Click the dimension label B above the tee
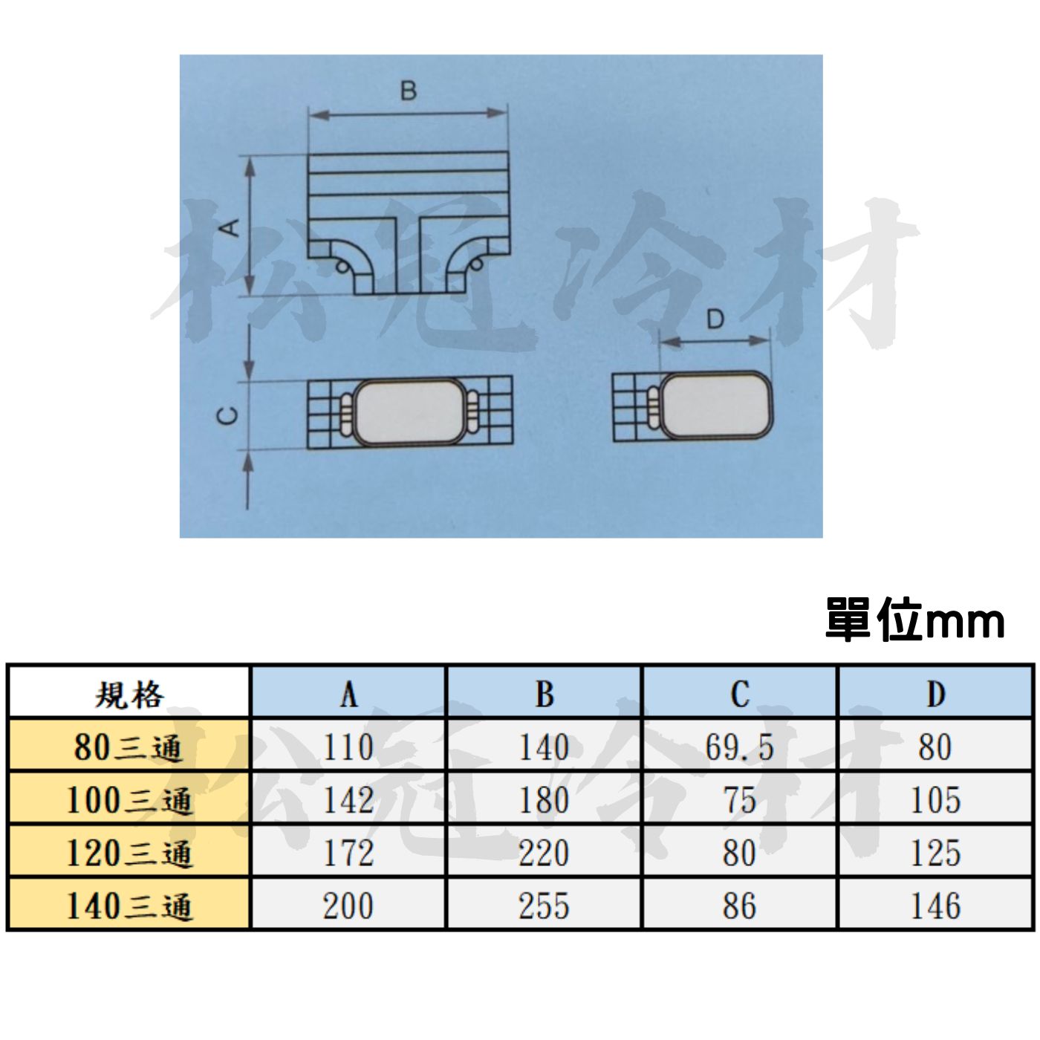pyautogui.click(x=409, y=91)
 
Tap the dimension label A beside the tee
pyautogui.click(x=231, y=227)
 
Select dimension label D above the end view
pyautogui.click(x=715, y=320)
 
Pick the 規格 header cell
pyautogui.click(x=129, y=695)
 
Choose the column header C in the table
pyautogui.click(x=740, y=694)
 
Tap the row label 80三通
pyautogui.click(x=128, y=748)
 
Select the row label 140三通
pyautogui.click(x=129, y=906)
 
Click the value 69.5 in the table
pyautogui.click(x=739, y=747)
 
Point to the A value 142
pyautogui.click(x=348, y=800)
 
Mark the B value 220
pyautogui.click(x=544, y=854)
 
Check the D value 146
pyautogui.click(x=936, y=906)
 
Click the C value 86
pyautogui.click(x=739, y=906)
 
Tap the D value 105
pyautogui.click(x=936, y=800)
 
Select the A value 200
pyautogui.click(x=348, y=906)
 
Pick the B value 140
pyautogui.click(x=544, y=747)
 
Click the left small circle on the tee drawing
pyautogui.click(x=341, y=265)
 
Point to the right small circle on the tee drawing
pyautogui.click(x=476, y=264)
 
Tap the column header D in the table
pyautogui.click(x=936, y=694)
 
